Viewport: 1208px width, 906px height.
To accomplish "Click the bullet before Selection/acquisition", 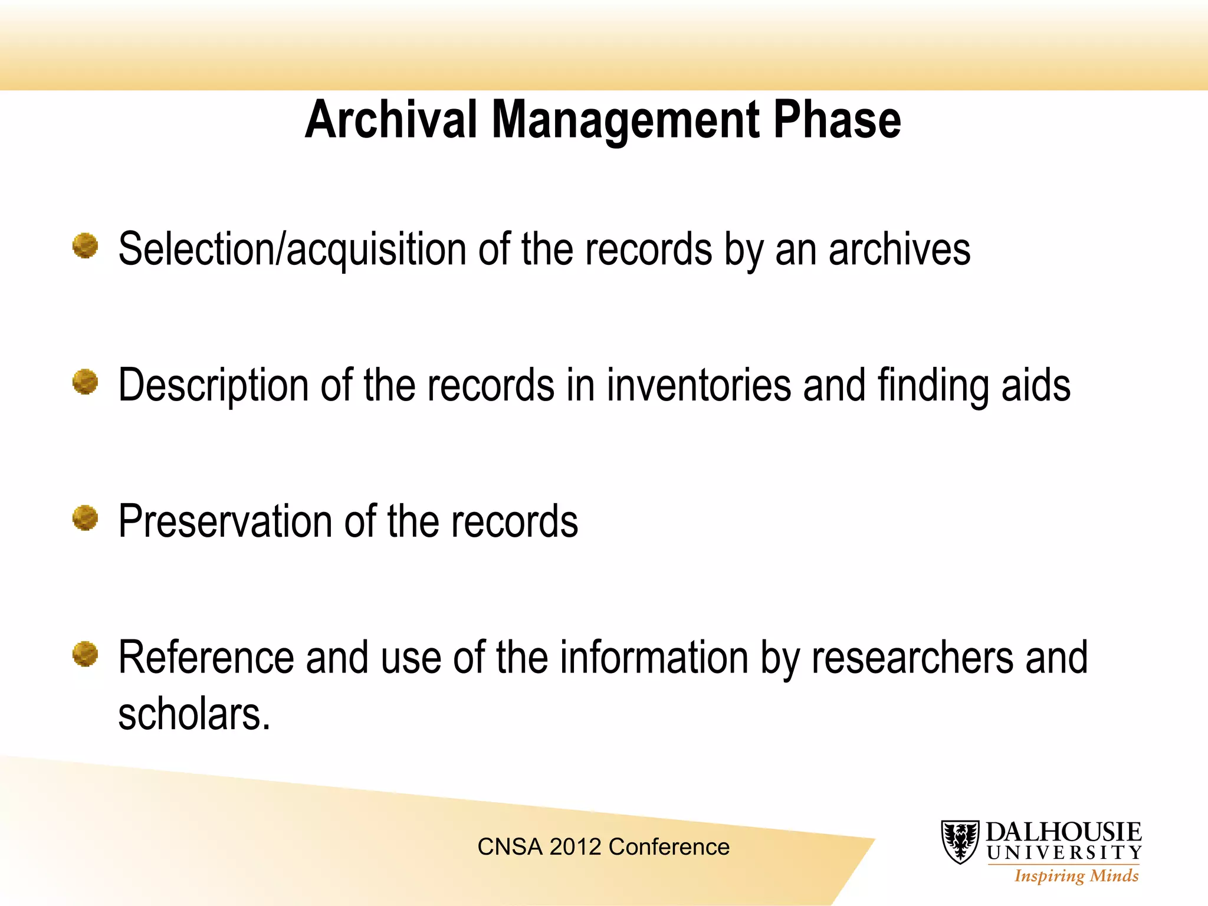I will click(85, 245).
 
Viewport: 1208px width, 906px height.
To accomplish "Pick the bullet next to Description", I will click(85, 382).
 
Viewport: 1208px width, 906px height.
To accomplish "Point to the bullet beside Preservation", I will click(85, 518).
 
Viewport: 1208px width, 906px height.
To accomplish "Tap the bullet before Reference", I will click(85, 654).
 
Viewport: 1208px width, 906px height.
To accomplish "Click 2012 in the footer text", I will click(575, 847).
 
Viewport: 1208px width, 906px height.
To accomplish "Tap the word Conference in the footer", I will click(669, 847).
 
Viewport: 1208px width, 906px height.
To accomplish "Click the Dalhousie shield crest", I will click(960, 842).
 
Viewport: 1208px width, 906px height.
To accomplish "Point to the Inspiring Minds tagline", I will click(1076, 876).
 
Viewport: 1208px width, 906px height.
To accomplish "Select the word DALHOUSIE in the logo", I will click(1063, 832).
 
